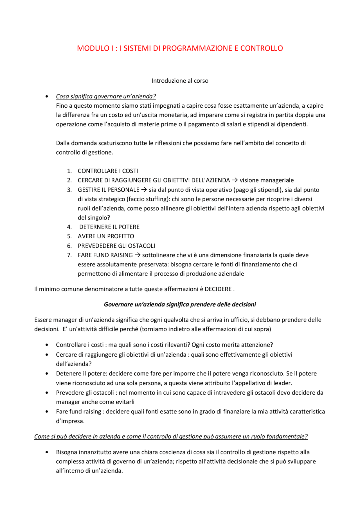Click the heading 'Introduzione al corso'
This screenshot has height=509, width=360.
[180, 81]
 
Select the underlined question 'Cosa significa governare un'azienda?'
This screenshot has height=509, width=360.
[106, 96]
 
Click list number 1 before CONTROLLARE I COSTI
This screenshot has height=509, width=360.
[69, 171]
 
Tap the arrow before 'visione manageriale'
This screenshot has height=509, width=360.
[235, 180]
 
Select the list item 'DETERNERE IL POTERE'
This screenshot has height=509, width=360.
[109, 227]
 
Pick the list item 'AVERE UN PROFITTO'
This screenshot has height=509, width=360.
[106, 236]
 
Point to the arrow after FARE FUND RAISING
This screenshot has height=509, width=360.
[138, 255]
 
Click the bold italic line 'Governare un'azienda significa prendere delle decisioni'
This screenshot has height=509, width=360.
[180, 304]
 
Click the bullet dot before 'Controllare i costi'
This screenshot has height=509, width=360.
[47, 345]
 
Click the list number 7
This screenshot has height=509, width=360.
[69, 255]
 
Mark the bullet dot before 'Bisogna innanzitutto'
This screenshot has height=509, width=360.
[47, 452]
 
